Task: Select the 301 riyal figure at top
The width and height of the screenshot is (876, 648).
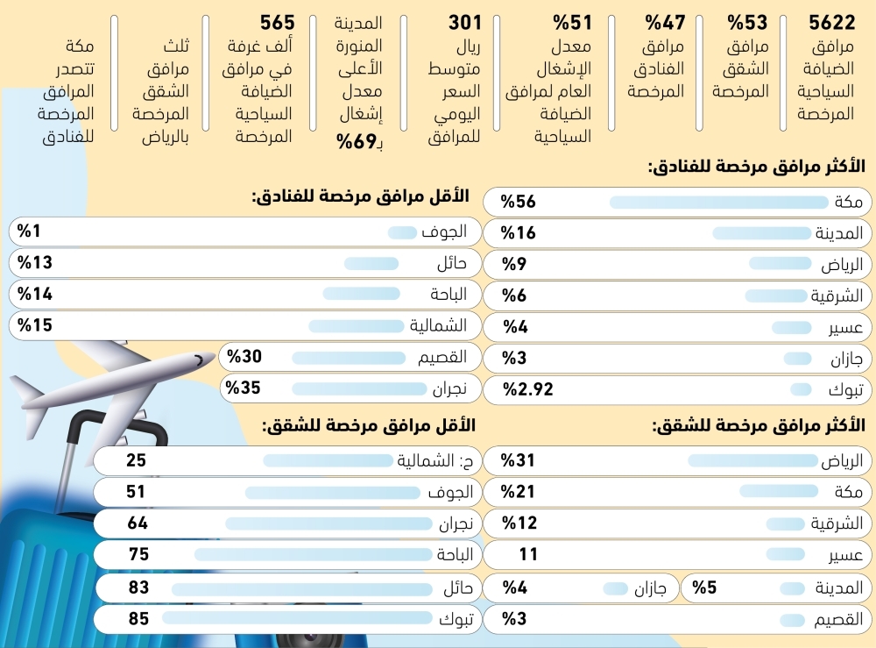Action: (x=465, y=23)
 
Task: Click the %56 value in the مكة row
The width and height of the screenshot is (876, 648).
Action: (x=518, y=203)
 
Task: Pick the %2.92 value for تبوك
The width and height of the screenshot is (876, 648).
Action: (x=527, y=389)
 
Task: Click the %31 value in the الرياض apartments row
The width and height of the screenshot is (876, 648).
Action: (x=518, y=460)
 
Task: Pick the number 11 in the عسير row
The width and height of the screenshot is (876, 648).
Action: (x=528, y=554)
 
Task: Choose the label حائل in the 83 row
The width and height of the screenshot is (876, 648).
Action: (x=457, y=587)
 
